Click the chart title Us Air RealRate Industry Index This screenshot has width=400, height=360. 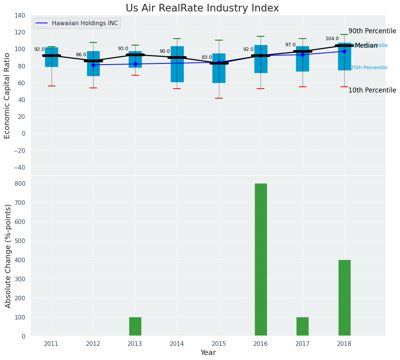[x=202, y=8]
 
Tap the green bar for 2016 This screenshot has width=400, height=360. [x=261, y=259]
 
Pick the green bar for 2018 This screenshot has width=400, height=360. [x=344, y=298]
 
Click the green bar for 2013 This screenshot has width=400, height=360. [x=135, y=326]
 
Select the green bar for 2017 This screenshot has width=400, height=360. [x=302, y=326]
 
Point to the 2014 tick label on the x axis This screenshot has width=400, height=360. [x=177, y=344]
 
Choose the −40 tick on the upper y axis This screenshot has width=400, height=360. [x=18, y=167]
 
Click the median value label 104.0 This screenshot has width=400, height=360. [x=332, y=39]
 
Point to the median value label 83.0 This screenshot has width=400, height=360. [x=207, y=58]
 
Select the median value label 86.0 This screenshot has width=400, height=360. [x=81, y=55]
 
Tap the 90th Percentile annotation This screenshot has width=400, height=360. [x=372, y=31]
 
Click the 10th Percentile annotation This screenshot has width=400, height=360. [x=372, y=91]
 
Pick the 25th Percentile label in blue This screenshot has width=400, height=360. [x=369, y=68]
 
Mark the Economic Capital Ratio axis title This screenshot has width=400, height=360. [x=7, y=96]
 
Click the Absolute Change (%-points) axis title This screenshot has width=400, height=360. [x=8, y=256]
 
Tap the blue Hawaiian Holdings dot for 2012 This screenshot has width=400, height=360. [x=93, y=65]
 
